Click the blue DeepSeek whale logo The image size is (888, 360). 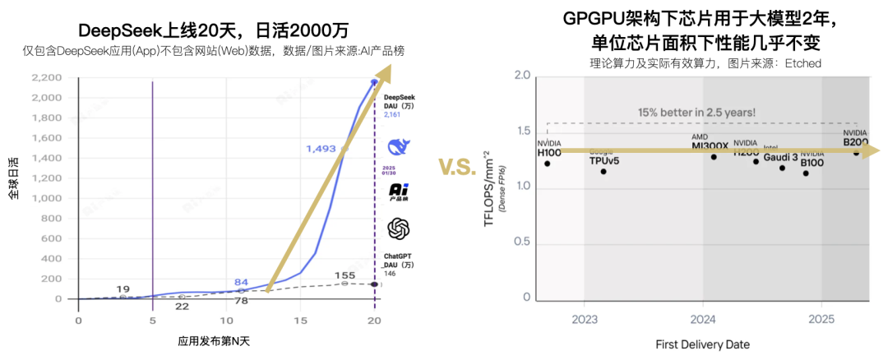399,147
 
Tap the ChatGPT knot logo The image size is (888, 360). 399,228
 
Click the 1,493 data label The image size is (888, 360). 321,148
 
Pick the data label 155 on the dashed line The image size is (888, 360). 345,275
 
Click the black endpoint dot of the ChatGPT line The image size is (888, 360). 374,284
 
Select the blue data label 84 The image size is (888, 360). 241,282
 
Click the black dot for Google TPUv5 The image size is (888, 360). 604,171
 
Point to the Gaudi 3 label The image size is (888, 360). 780,157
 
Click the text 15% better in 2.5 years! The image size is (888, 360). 696,112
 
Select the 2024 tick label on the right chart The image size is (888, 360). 703,318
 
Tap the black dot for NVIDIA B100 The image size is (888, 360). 805,173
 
